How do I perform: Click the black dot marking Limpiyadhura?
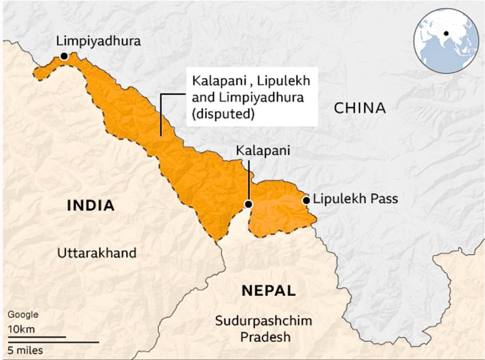[x=64, y=56]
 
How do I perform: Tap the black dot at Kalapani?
[x=248, y=204]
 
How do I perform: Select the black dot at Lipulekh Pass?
[x=306, y=200]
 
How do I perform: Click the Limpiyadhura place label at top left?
[x=98, y=41]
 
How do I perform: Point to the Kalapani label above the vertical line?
[x=263, y=151]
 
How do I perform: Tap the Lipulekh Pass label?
[x=356, y=199]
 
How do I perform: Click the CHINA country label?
[x=360, y=108]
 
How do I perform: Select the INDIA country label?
[x=91, y=205]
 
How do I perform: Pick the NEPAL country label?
[x=268, y=291]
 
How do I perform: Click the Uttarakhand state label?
[x=97, y=253]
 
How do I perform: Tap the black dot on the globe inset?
[x=446, y=33]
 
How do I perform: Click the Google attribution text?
[x=22, y=314]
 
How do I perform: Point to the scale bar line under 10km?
[x=37, y=336]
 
